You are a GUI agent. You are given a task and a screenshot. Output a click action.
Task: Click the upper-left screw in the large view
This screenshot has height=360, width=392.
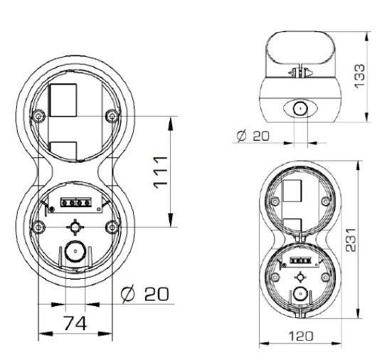pyautogui.click(x=36, y=115)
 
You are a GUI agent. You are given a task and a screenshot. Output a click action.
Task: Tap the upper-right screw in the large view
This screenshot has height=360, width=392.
pyautogui.click(x=110, y=115)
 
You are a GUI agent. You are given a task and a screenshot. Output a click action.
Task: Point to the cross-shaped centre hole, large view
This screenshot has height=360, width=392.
pyautogui.click(x=73, y=226)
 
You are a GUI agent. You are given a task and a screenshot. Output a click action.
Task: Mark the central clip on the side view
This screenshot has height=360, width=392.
pyautogui.click(x=298, y=71)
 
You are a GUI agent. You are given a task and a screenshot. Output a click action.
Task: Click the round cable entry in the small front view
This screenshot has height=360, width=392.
pyautogui.click(x=299, y=294)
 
